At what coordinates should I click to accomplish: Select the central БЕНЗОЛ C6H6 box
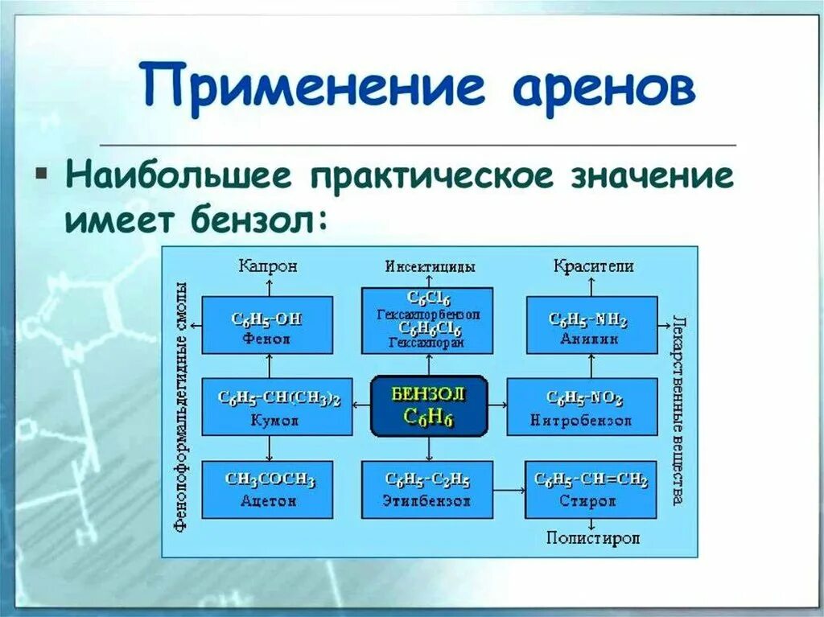tap(429, 405)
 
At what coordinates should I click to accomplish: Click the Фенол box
tap(266, 324)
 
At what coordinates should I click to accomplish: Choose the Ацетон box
tap(268, 489)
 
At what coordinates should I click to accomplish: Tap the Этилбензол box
tap(427, 489)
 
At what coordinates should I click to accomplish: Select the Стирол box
tap(591, 489)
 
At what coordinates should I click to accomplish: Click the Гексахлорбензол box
tap(427, 320)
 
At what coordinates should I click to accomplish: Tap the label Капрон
tap(268, 266)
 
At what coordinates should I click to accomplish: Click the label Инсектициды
tap(429, 266)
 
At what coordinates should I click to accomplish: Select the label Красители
tap(593, 266)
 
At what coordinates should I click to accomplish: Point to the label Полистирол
tap(592, 538)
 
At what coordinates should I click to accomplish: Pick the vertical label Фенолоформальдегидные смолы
tap(181, 406)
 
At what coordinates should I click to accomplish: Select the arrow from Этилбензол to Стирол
tap(509, 489)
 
